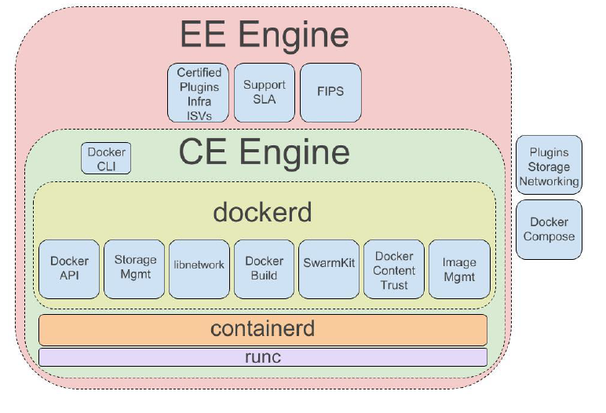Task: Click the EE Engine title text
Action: click(264, 35)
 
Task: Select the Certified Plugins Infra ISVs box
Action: click(199, 93)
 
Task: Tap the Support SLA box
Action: click(264, 93)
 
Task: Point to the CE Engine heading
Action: click(264, 152)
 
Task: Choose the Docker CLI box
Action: click(106, 159)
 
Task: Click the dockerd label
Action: click(263, 212)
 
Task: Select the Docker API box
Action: click(69, 269)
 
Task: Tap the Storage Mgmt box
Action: click(135, 269)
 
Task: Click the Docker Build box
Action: click(264, 269)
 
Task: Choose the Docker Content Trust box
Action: click(394, 269)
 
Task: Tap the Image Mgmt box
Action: click(459, 269)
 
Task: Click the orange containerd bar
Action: click(263, 328)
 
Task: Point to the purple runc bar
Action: click(263, 357)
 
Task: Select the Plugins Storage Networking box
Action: click(549, 166)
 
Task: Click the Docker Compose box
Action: click(549, 229)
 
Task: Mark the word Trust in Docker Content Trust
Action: click(394, 284)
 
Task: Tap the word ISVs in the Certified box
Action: click(199, 114)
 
